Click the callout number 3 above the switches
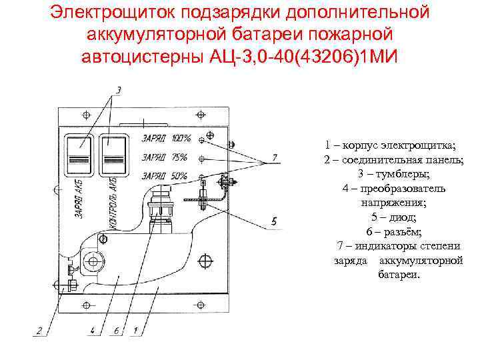point(119,89)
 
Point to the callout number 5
point(275,220)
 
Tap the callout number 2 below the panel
point(39,330)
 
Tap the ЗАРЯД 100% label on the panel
point(166,139)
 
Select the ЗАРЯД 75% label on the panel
point(165,158)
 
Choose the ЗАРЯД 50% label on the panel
point(165,176)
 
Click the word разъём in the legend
point(402,231)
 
